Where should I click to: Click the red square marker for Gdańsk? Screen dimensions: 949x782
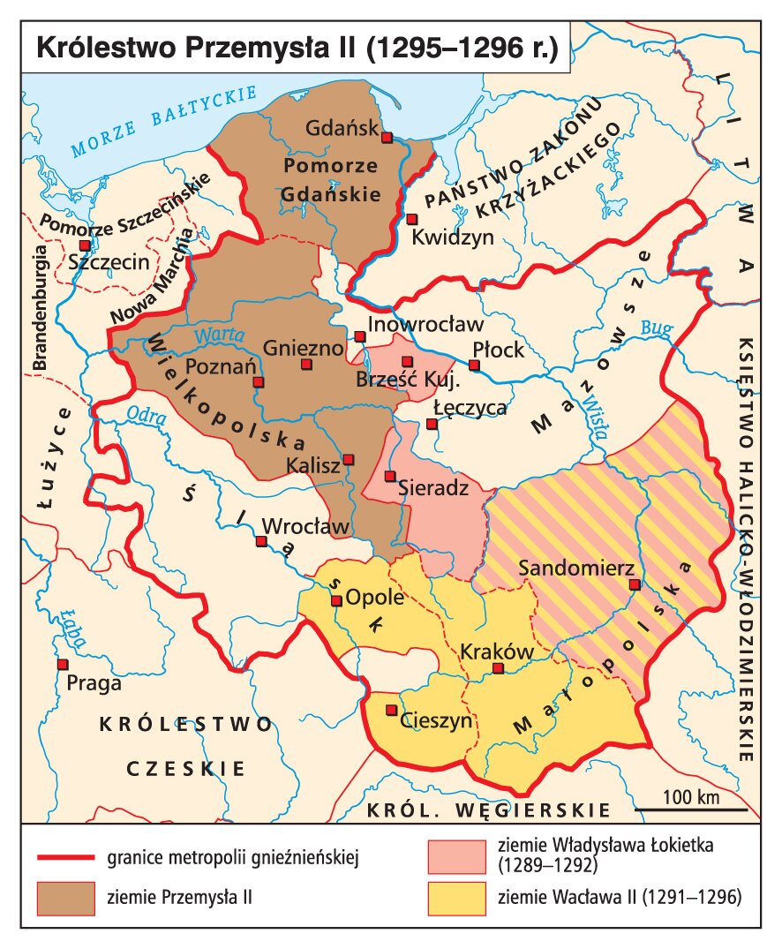pyautogui.click(x=386, y=137)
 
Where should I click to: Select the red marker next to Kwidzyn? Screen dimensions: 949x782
pyautogui.click(x=411, y=218)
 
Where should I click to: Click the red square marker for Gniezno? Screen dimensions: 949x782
pyautogui.click(x=306, y=364)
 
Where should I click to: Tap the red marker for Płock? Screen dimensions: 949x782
pyautogui.click(x=474, y=365)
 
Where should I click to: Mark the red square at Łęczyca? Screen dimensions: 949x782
pyautogui.click(x=432, y=424)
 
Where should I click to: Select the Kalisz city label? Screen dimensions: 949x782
pyautogui.click(x=312, y=465)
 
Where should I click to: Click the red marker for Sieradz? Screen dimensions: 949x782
pyautogui.click(x=389, y=476)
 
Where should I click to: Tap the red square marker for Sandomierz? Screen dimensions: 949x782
pyautogui.click(x=633, y=584)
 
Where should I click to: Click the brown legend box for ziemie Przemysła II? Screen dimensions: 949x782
pyautogui.click(x=66, y=896)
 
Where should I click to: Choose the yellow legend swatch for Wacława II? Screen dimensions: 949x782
pyautogui.click(x=456, y=896)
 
